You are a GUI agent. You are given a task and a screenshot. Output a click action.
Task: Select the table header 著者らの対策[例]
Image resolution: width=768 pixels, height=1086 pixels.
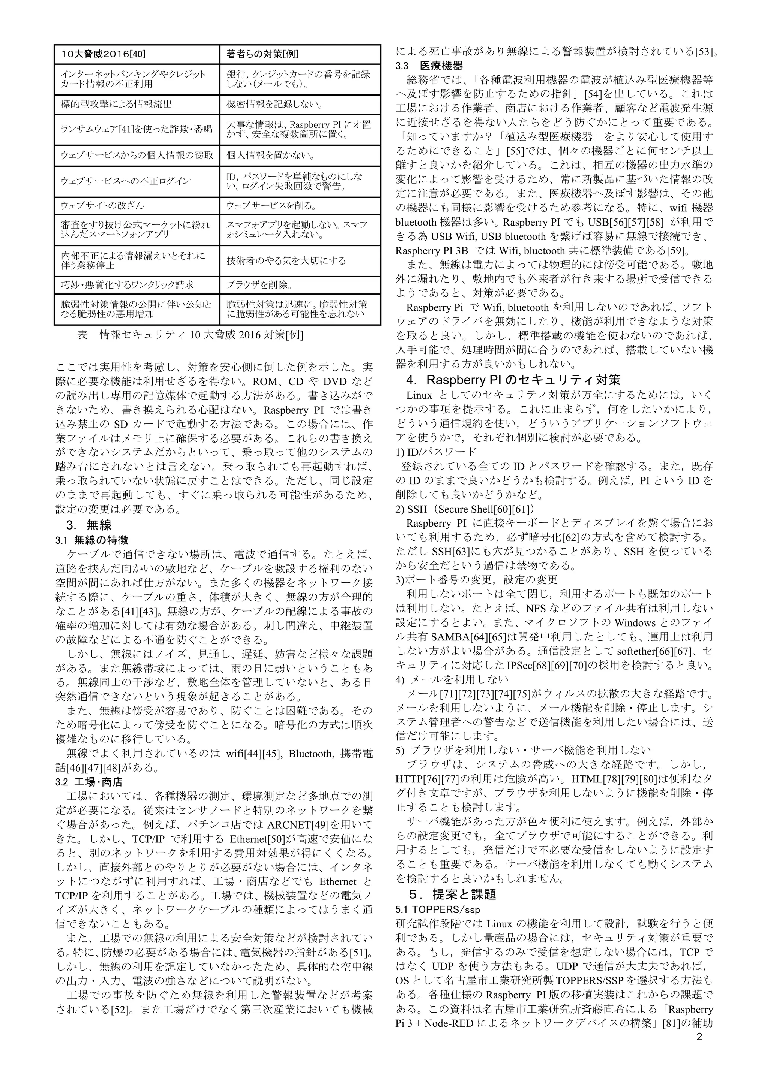pyautogui.click(x=262, y=54)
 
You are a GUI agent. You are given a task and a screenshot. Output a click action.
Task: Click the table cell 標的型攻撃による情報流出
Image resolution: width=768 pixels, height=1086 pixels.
pyautogui.click(x=116, y=105)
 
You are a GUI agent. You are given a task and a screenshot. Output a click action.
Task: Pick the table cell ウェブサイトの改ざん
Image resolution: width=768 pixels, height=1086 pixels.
pyautogui.click(x=103, y=206)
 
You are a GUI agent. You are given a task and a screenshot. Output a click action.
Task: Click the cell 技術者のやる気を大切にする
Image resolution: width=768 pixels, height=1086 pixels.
pyautogui.click(x=286, y=260)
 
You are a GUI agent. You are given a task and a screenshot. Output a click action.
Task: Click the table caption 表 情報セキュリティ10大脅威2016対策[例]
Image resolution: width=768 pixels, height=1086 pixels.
pyautogui.click(x=190, y=335)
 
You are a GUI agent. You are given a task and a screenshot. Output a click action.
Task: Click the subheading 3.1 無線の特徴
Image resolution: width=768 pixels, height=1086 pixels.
pyautogui.click(x=92, y=540)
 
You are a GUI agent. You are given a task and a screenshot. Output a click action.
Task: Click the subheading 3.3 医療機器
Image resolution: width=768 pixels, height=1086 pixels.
pyautogui.click(x=429, y=65)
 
